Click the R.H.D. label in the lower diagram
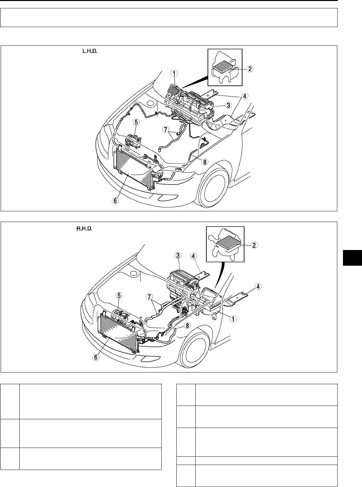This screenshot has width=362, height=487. (83, 229)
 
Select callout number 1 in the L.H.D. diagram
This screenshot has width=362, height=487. (175, 73)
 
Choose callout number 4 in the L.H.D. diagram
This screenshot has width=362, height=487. (245, 96)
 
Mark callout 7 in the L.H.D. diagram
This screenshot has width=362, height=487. (165, 129)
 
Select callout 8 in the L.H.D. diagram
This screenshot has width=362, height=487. (205, 162)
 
